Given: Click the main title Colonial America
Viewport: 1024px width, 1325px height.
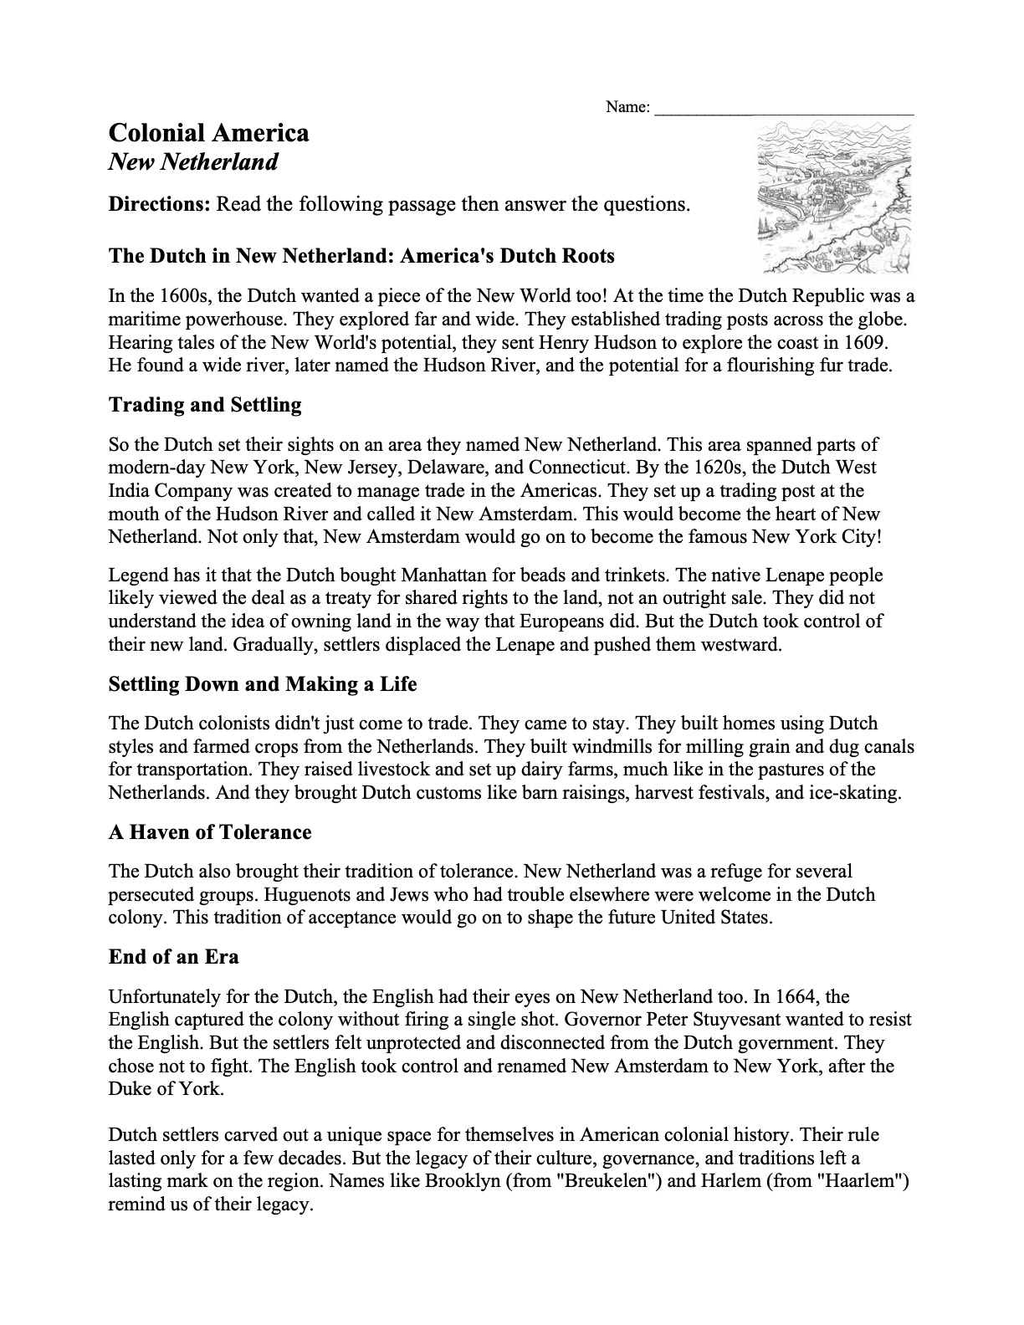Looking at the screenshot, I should [x=208, y=133].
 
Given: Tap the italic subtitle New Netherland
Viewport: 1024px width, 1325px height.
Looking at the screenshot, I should [x=193, y=161].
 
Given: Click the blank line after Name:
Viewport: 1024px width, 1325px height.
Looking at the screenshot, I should [x=784, y=108].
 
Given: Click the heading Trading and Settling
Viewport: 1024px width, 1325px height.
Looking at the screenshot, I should [x=205, y=405].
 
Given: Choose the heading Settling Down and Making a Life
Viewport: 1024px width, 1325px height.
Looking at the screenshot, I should [x=263, y=684].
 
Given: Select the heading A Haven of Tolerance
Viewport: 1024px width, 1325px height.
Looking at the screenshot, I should [x=210, y=832].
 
